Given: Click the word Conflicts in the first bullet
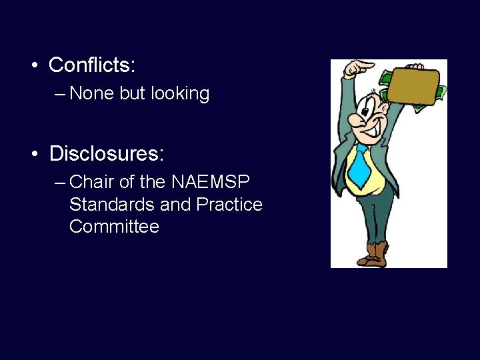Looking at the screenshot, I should (x=91, y=65).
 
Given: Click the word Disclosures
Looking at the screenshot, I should (x=106, y=154).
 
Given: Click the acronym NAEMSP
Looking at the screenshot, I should (x=211, y=181).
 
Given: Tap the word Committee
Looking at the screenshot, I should (x=114, y=227).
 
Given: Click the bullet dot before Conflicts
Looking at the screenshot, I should (x=33, y=66).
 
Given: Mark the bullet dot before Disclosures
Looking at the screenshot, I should (x=33, y=154).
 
